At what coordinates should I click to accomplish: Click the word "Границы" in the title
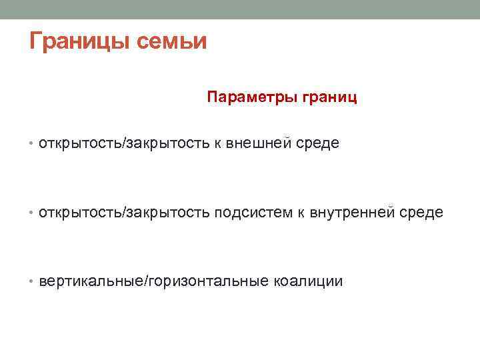coord(79,41)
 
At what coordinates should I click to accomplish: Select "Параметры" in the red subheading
coord(247,97)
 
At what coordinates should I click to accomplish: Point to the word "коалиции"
coord(308,281)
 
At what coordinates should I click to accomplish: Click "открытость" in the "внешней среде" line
coord(77,143)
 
